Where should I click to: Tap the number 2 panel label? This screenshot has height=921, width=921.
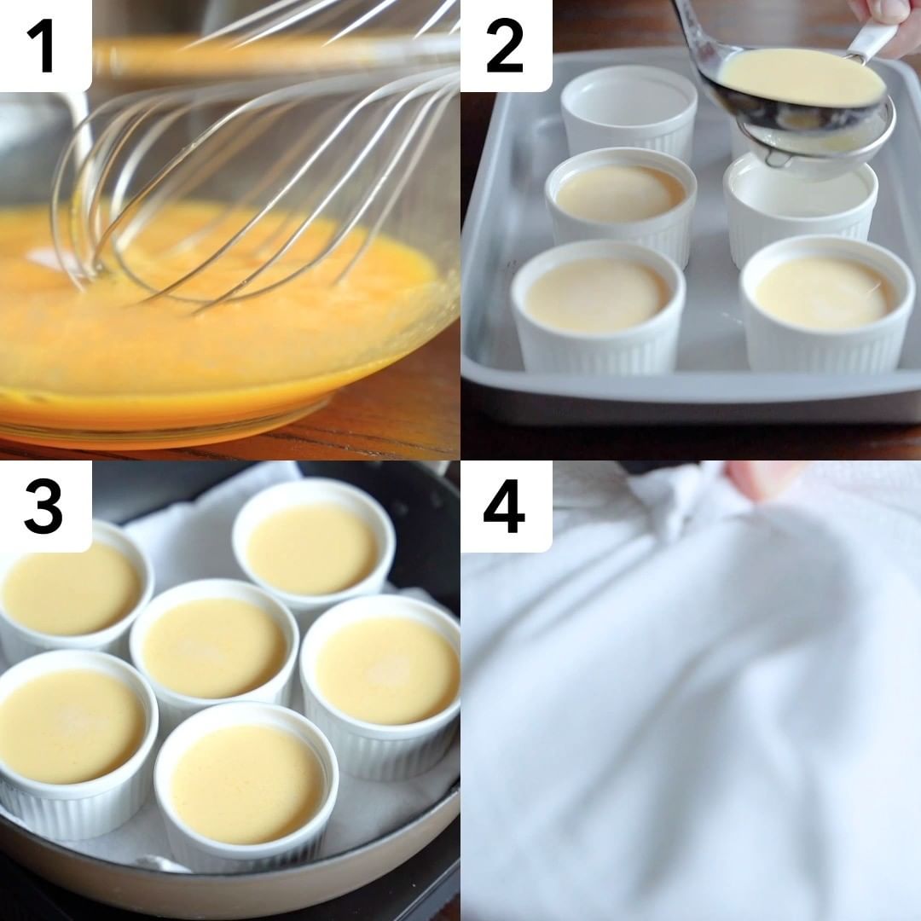coord(505,45)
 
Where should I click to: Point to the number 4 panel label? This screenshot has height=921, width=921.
coord(504,506)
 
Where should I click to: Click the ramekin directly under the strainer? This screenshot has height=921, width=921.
coord(800,206)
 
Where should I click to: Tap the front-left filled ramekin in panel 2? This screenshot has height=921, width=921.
coord(598,309)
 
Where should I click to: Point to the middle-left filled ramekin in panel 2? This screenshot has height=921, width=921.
coord(620,203)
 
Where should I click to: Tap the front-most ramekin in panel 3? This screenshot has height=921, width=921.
coord(246,787)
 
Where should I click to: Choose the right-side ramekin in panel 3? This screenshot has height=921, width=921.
coord(382,687)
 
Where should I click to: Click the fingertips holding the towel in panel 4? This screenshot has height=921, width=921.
coord(758,478)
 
